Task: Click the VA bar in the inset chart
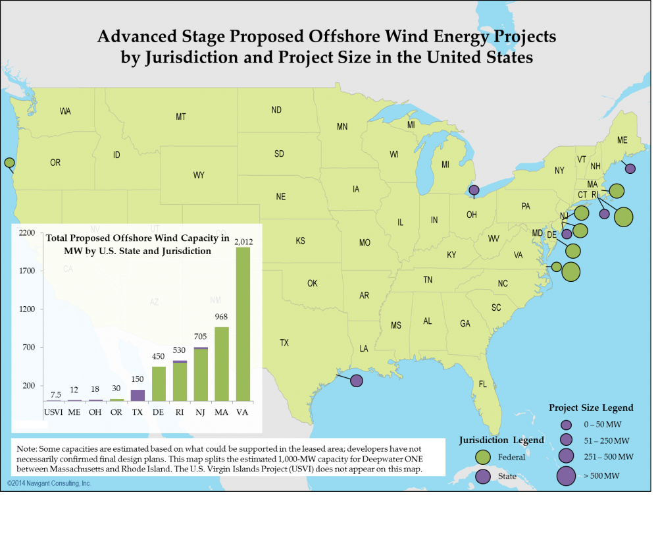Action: (243, 324)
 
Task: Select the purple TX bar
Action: (138, 395)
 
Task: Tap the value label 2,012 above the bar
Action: (243, 242)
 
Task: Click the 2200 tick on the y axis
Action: (27, 233)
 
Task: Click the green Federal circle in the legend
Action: (482, 456)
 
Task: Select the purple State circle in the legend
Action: (482, 476)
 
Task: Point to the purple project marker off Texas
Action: (356, 381)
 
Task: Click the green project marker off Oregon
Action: (9, 163)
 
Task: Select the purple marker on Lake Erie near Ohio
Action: (474, 190)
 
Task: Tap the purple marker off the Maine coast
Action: (630, 169)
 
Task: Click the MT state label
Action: (181, 117)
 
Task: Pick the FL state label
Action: (483, 385)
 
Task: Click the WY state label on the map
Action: (199, 176)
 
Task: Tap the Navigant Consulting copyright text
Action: (49, 484)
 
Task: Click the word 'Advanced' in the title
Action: (136, 37)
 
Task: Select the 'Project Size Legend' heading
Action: (591, 408)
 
